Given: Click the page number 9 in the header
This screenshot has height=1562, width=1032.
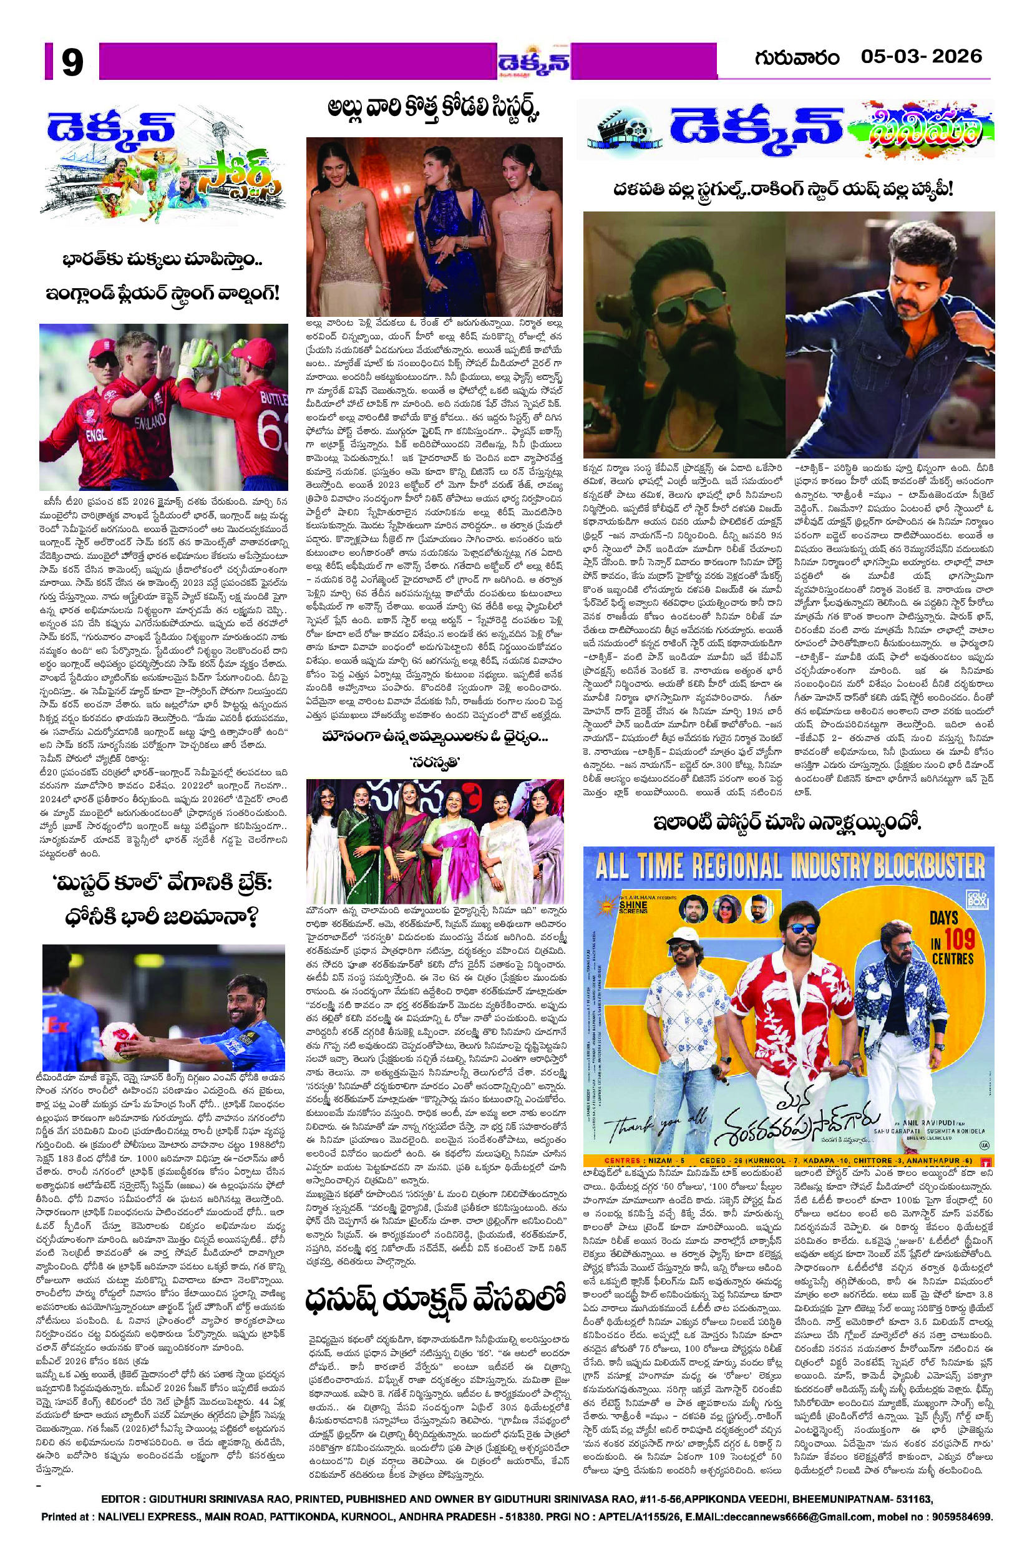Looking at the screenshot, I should [x=72, y=64].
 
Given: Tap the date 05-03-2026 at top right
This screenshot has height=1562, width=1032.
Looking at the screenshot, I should [x=921, y=57].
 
